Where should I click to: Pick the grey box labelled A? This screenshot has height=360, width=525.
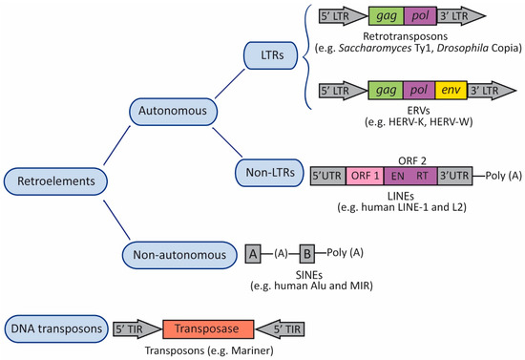click(x=254, y=254)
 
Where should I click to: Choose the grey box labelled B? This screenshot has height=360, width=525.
click(x=307, y=254)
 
